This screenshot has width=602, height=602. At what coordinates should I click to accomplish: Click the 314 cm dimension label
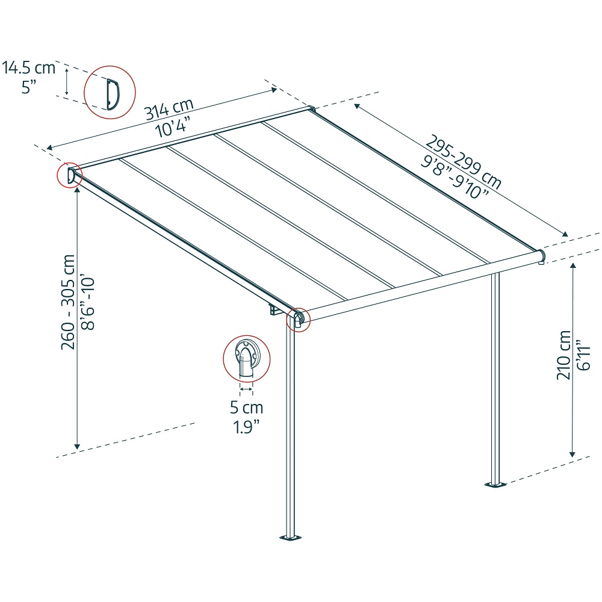pos(169,110)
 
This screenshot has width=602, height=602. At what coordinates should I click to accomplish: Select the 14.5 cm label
pos(29,67)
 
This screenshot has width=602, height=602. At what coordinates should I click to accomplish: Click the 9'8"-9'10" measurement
pos(455,177)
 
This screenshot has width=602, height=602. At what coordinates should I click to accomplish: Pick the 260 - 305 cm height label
pos(68,302)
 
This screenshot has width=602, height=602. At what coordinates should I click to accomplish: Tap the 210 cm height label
pos(563,355)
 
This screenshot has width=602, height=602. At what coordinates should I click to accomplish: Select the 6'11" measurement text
pos(583,355)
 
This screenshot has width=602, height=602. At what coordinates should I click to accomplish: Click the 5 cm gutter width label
pos(246,408)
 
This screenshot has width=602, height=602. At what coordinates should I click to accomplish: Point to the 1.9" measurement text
pos(246,427)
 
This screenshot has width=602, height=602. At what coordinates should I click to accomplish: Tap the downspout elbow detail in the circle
pos(246,359)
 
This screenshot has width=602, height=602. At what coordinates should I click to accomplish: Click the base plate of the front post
pos(291,538)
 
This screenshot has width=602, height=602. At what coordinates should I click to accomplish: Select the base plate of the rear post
pos(495,485)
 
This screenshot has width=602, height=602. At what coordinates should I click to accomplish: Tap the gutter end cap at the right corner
pos(541,256)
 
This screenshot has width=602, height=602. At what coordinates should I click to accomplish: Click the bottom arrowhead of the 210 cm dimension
pos(573,455)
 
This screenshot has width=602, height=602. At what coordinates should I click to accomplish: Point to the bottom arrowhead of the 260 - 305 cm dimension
pos(77,447)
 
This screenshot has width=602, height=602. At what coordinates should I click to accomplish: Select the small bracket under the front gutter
pos(274,309)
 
